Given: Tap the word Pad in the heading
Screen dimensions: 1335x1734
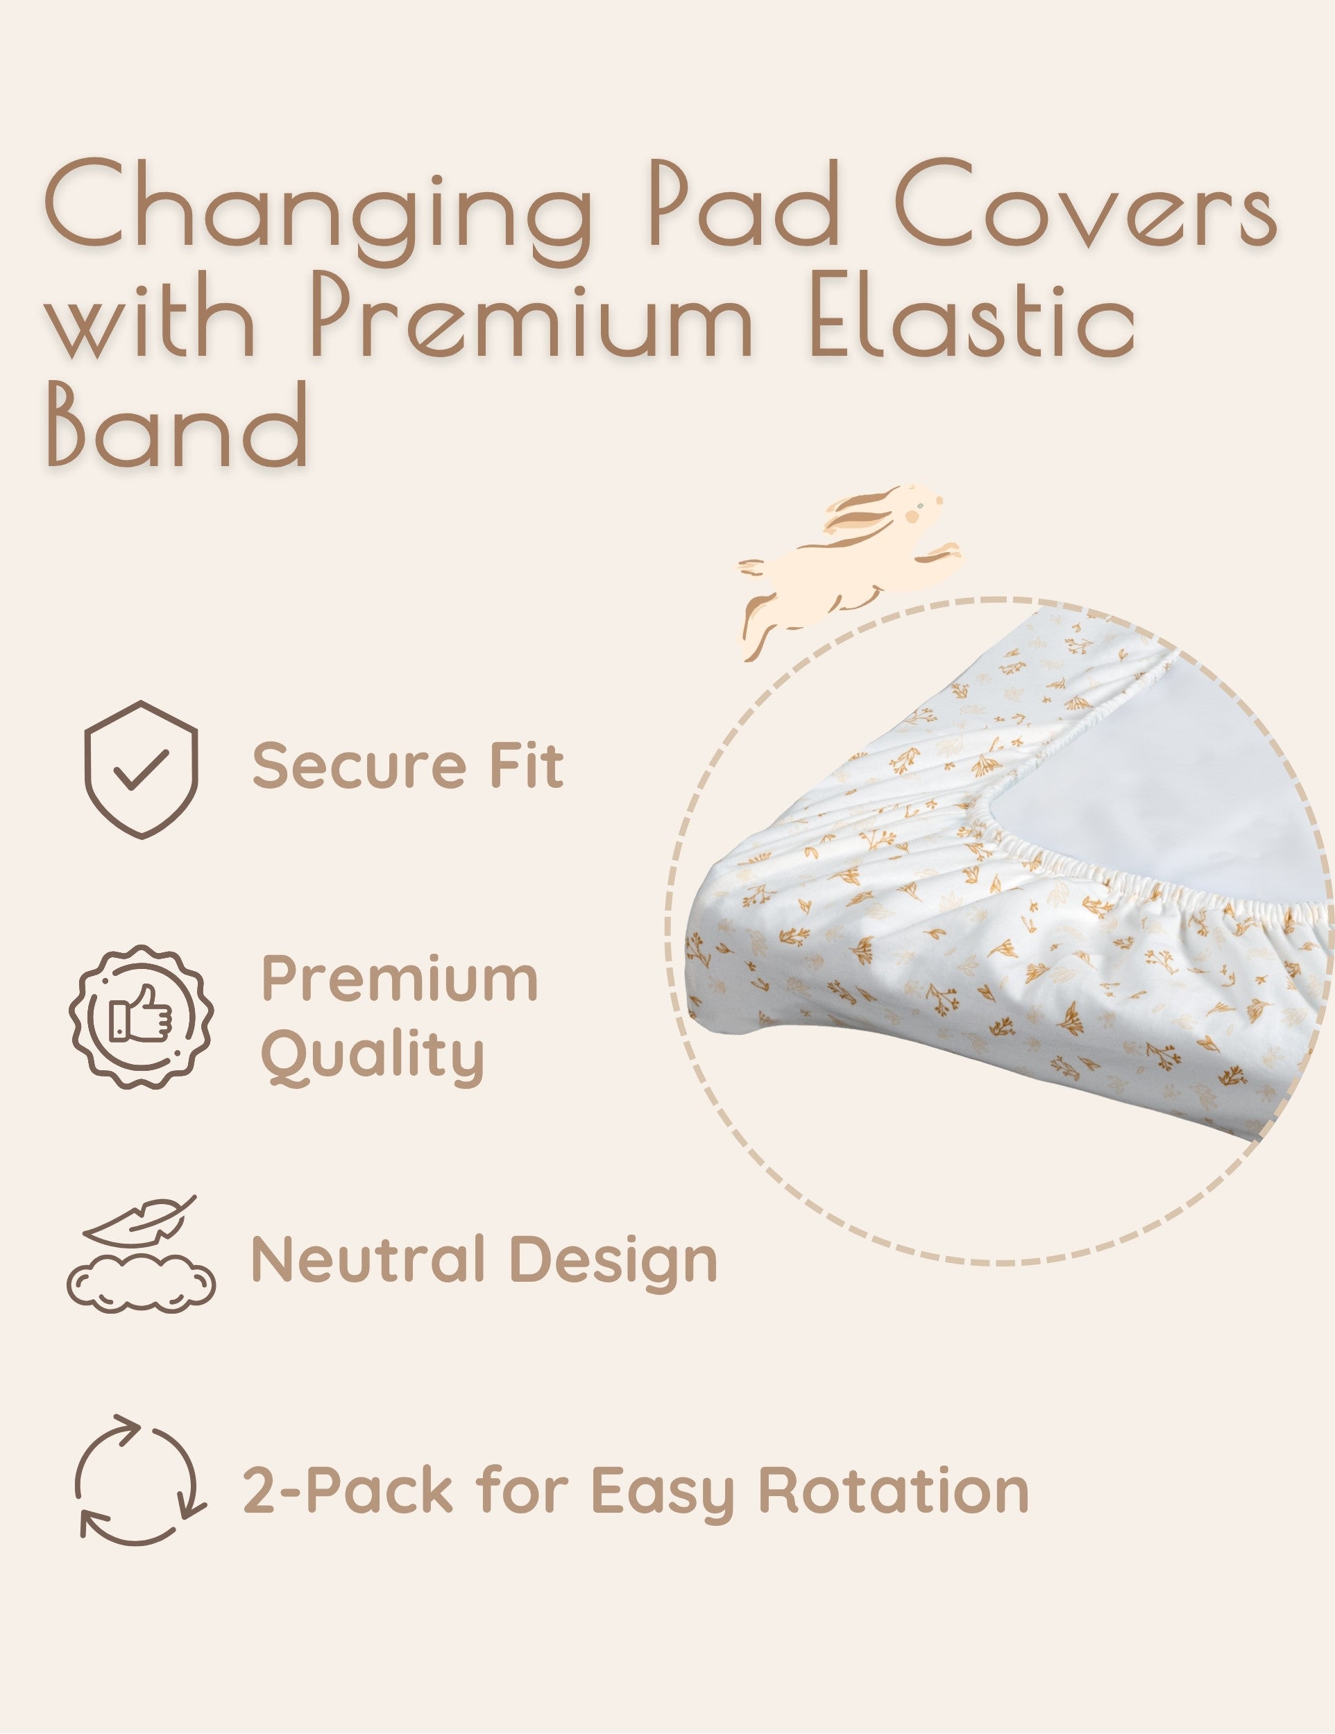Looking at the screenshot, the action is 743,202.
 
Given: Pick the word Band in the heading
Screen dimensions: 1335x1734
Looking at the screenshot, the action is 176,426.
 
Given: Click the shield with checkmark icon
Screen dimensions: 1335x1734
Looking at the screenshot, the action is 142,769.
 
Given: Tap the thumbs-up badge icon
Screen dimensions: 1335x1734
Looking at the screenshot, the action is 142,1016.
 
